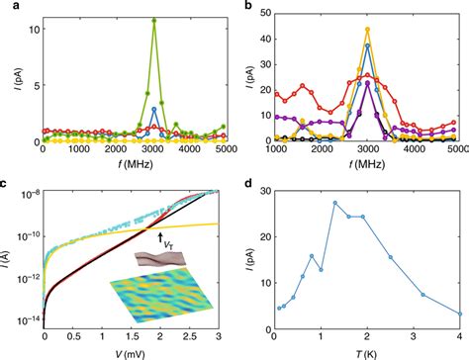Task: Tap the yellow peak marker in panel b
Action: (x=367, y=29)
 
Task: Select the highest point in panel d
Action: (x=335, y=203)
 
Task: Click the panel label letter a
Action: (x=5, y=6)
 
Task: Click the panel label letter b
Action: (x=241, y=6)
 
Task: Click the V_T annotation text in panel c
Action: (x=165, y=238)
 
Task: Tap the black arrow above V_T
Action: (x=159, y=230)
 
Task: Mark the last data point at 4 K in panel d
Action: (x=460, y=315)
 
